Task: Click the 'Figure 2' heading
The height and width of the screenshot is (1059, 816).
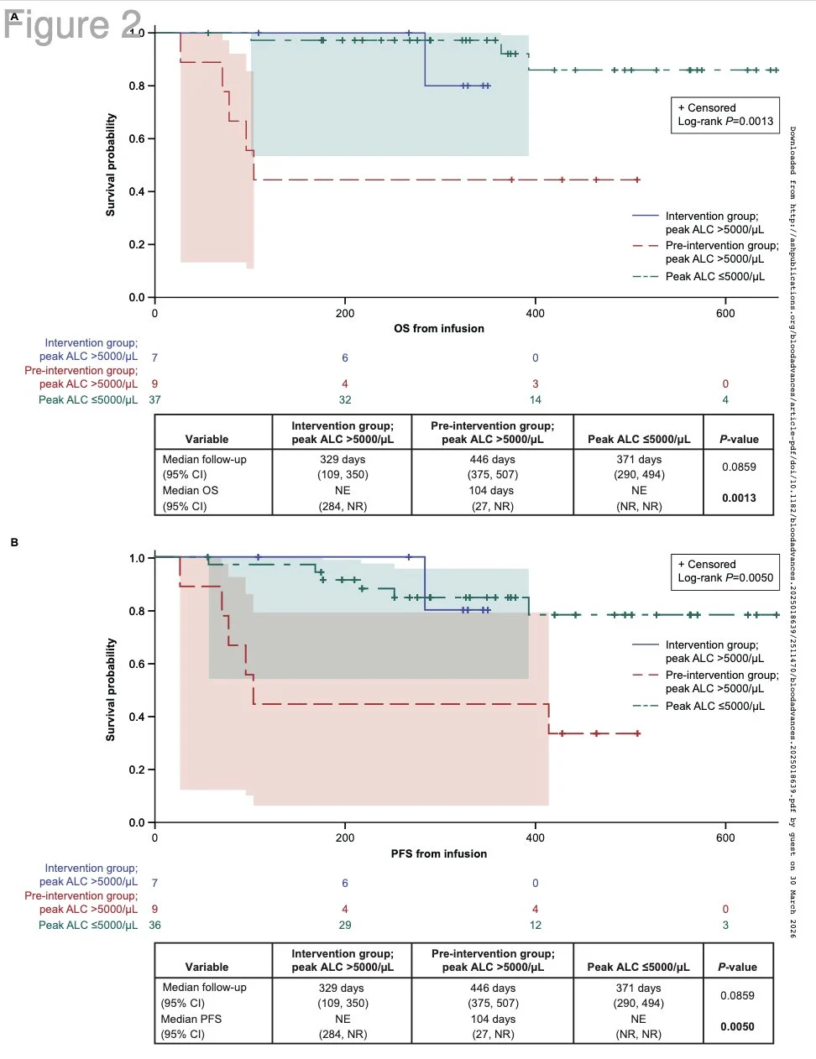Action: tap(72, 25)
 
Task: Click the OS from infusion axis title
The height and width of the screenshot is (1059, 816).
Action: tap(438, 328)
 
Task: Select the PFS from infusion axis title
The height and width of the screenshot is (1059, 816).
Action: tap(438, 853)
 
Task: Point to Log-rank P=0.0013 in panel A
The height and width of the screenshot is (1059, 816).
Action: tap(725, 121)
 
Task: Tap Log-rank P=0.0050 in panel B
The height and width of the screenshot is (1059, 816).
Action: tap(725, 577)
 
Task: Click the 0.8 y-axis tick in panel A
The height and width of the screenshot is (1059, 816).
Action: tap(137, 86)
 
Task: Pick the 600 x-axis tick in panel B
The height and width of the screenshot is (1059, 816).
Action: tap(725, 837)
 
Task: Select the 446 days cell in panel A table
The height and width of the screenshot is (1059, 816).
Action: tap(492, 459)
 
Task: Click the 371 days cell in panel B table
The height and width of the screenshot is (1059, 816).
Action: tap(638, 988)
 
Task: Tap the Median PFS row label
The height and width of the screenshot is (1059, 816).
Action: tap(191, 1019)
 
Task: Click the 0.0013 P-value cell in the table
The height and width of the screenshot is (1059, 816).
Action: tap(739, 498)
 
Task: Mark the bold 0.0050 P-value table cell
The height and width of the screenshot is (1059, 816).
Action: tap(737, 1026)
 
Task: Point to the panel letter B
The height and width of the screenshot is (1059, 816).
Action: tap(14, 542)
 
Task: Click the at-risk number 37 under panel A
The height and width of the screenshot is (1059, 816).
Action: tap(154, 399)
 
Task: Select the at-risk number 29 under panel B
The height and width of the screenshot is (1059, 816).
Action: tap(345, 925)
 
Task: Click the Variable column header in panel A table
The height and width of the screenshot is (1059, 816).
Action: tap(207, 439)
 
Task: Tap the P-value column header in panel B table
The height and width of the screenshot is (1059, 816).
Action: tap(737, 967)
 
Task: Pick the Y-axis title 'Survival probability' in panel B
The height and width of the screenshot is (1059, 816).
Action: tap(110, 690)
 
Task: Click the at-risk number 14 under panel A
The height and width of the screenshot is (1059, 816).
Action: tap(536, 399)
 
